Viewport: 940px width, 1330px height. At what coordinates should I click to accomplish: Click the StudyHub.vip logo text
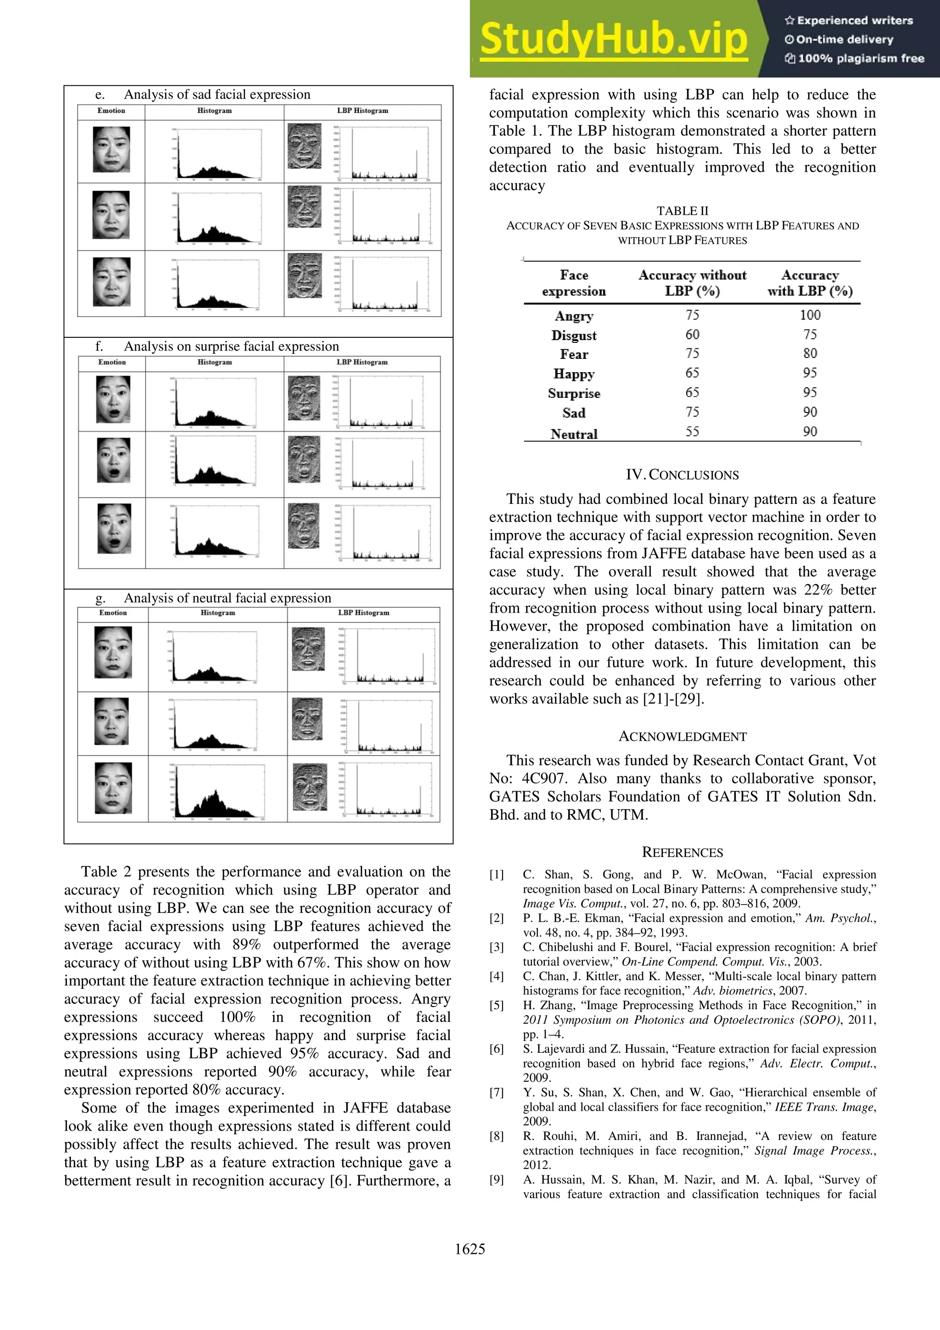[614, 39]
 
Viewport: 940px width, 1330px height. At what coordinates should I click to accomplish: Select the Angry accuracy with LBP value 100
[810, 315]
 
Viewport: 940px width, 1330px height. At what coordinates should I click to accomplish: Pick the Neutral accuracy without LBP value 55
[692, 431]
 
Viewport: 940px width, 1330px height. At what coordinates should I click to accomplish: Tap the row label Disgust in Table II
[573, 335]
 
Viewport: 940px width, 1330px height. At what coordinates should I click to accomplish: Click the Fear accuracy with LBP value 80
[810, 353]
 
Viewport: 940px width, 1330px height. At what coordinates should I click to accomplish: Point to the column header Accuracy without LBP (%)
[692, 283]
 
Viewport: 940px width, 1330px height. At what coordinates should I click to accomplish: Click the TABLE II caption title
[682, 211]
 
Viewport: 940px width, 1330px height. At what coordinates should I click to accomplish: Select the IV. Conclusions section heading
[682, 475]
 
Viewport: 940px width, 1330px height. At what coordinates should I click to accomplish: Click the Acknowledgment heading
[682, 736]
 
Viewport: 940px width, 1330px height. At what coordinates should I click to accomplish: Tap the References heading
[682, 852]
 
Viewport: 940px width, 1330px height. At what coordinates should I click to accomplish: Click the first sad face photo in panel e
[111, 150]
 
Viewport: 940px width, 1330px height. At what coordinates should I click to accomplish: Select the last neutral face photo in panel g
[113, 788]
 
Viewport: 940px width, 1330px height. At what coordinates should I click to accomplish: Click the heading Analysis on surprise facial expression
[231, 346]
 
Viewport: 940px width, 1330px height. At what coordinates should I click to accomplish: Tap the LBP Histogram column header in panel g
[363, 613]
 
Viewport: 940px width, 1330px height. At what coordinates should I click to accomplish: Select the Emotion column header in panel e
[111, 111]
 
